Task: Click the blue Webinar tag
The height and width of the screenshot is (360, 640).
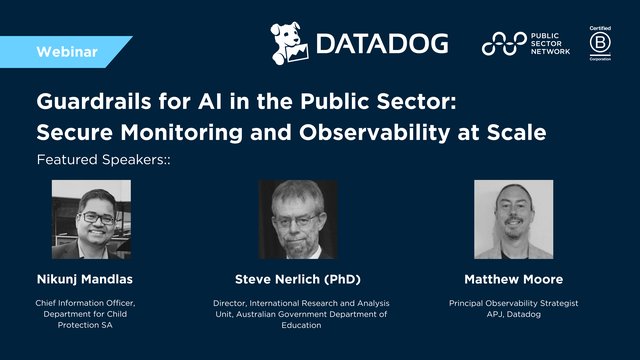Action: [x=65, y=50]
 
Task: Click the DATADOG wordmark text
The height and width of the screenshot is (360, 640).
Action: [x=381, y=43]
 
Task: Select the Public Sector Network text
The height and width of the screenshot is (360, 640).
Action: [x=550, y=43]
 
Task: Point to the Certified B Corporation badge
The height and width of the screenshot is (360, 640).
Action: [x=601, y=43]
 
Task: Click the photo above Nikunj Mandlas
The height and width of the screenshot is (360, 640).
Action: [x=91, y=221]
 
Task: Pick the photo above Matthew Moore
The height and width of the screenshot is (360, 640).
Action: [x=513, y=221]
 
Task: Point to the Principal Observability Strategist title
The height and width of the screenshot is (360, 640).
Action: [x=514, y=301]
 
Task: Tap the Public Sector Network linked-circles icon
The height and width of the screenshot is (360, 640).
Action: [x=503, y=43]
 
